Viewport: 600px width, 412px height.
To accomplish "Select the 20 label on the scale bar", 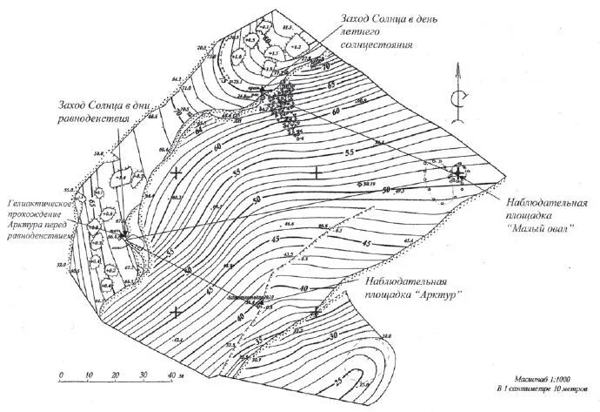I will click(x=116, y=375).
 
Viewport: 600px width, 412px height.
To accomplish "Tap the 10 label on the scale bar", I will click(x=88, y=375).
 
